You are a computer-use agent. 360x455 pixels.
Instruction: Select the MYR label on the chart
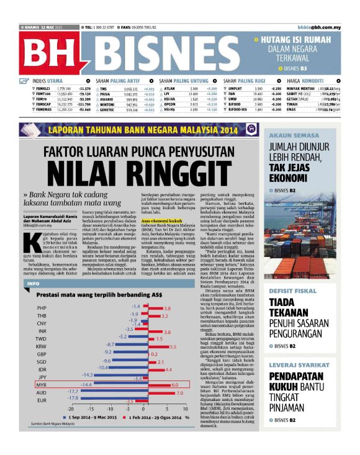point(42,385)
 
